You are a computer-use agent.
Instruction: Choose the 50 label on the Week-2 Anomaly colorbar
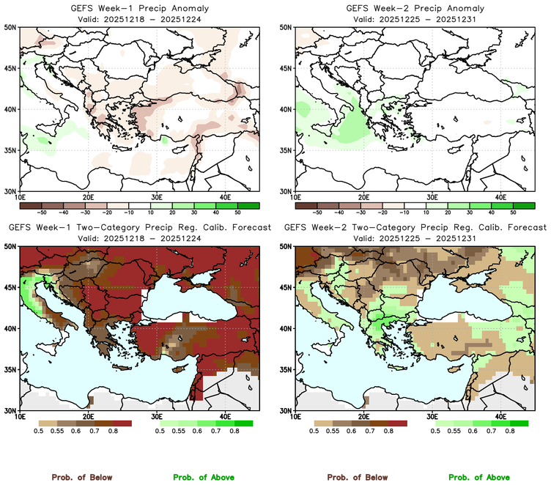point(513,210)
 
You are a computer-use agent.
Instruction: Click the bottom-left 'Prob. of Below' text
point(81,477)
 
